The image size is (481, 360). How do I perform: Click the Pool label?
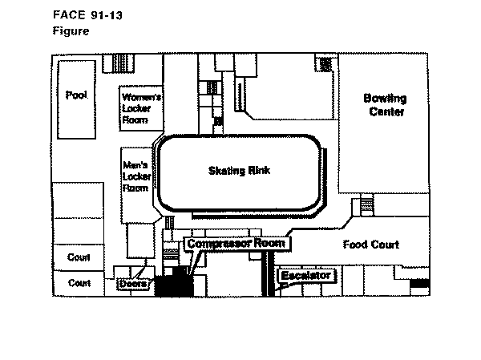tap(76, 95)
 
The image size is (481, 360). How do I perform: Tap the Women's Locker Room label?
tap(141, 108)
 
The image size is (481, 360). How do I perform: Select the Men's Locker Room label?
tap(137, 176)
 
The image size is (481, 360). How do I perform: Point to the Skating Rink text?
tap(239, 171)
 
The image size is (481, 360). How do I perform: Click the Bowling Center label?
tap(386, 105)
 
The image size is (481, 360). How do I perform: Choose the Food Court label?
tap(371, 245)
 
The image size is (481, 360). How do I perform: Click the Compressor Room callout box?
tap(236, 244)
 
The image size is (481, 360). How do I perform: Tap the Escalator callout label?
tap(306, 276)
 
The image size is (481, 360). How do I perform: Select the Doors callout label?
tap(133, 283)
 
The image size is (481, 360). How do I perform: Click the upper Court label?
tap(79, 257)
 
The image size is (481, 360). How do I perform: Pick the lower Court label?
tap(79, 283)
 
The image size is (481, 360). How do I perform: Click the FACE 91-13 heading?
tap(87, 15)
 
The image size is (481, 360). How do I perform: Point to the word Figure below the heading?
tap(71, 31)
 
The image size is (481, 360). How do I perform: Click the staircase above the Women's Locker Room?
tap(119, 63)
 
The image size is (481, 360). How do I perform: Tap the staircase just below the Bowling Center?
tap(366, 204)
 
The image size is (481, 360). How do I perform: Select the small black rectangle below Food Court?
tap(419, 283)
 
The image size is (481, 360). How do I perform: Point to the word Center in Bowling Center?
tap(386, 111)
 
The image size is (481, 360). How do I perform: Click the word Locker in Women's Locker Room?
tap(136, 108)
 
